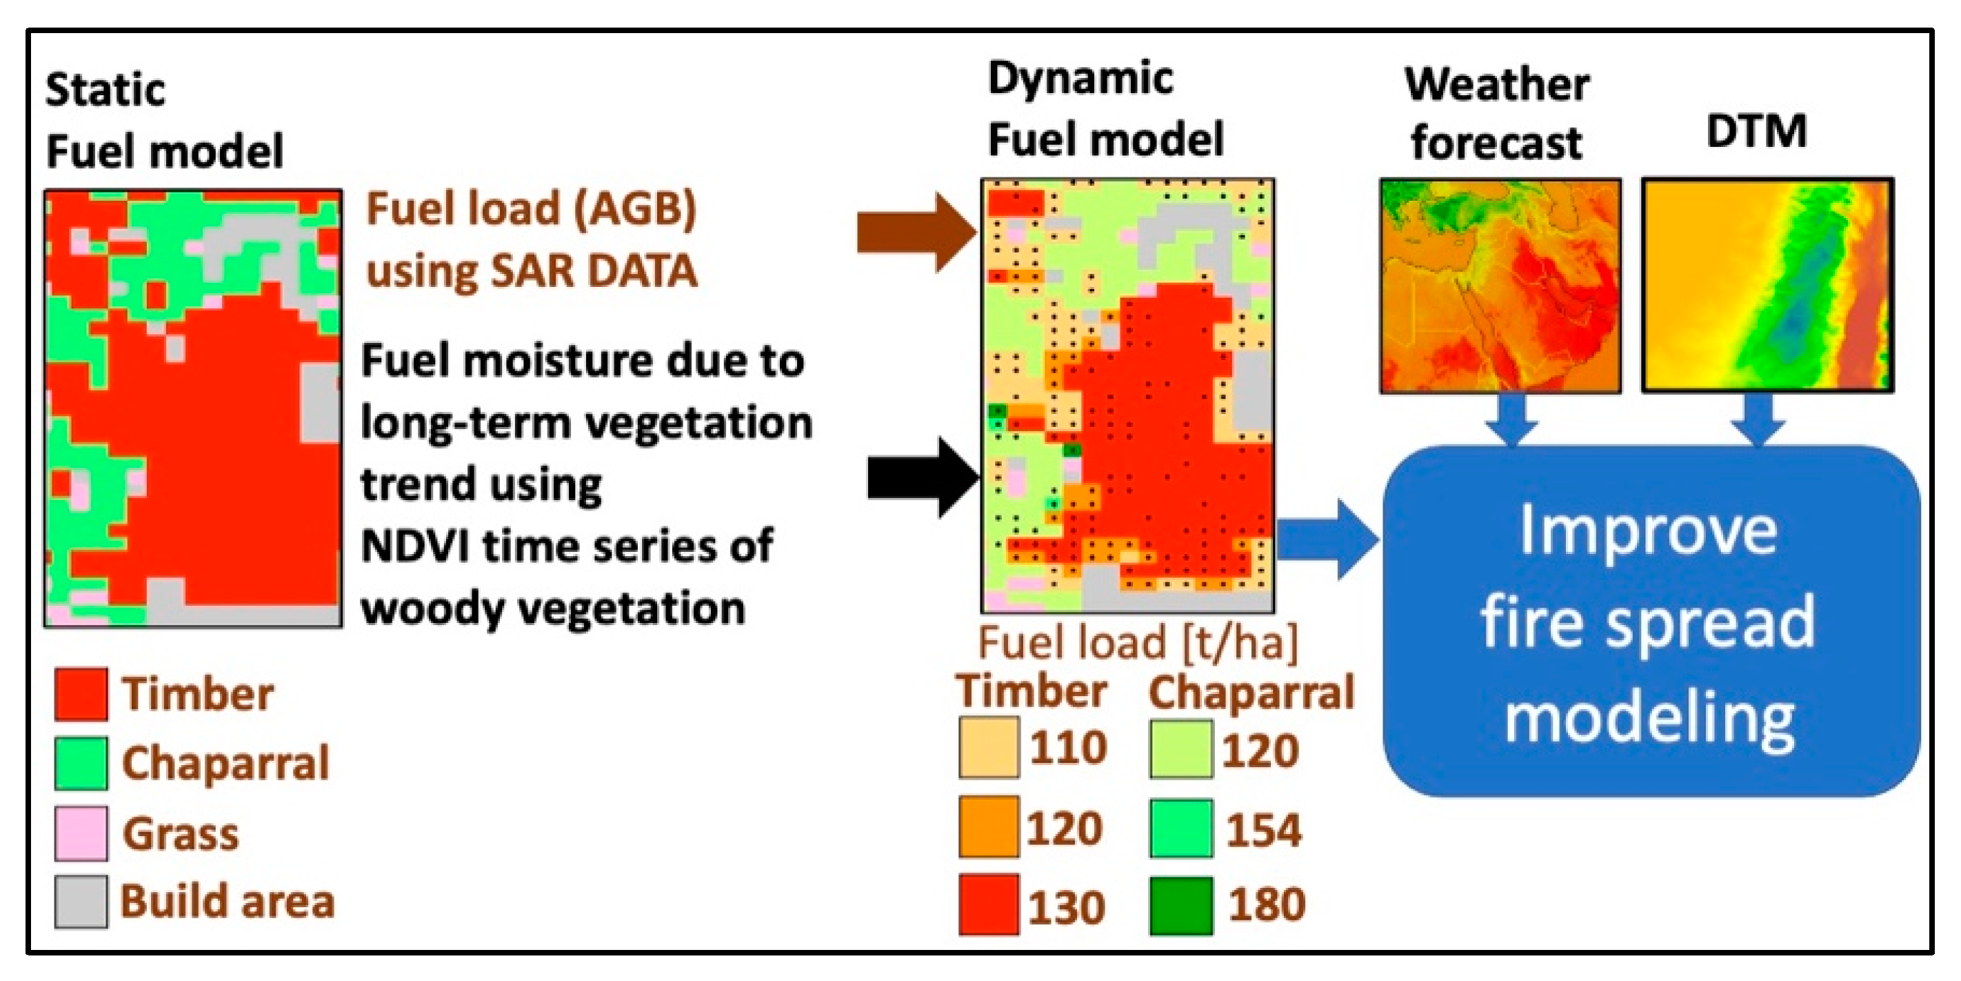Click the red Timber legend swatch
pyautogui.click(x=81, y=694)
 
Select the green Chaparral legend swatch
pyautogui.click(x=81, y=762)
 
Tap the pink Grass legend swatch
pyautogui.click(x=81, y=833)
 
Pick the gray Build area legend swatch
pyautogui.click(x=81, y=902)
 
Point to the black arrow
pyautogui.click(x=922, y=478)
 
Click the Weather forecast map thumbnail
pyautogui.click(x=1500, y=286)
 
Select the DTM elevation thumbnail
pyautogui.click(x=1767, y=286)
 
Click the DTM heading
pyautogui.click(x=1756, y=131)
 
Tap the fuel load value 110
pyautogui.click(x=1068, y=747)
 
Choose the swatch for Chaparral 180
pyautogui.click(x=1180, y=906)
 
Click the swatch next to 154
pyautogui.click(x=1180, y=828)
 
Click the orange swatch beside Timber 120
pyautogui.click(x=988, y=826)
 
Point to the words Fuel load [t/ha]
pyautogui.click(x=1137, y=642)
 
